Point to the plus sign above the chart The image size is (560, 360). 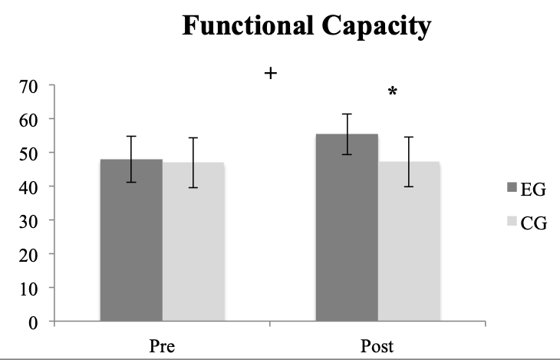pos(270,74)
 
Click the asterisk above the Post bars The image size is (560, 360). pos(393,92)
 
